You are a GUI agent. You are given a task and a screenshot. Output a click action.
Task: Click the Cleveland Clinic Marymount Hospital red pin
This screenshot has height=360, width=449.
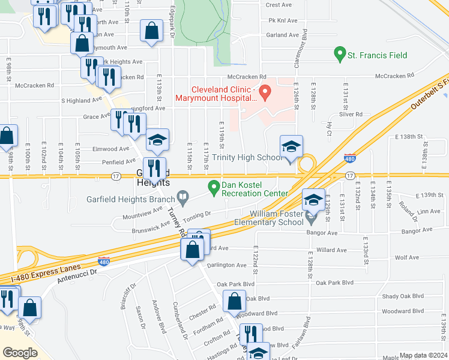pyautogui.click(x=265, y=93)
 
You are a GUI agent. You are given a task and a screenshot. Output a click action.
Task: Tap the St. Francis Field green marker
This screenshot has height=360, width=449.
pyautogui.click(x=340, y=56)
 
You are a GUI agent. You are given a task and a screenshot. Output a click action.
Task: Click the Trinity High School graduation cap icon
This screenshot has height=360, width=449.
pyautogui.click(x=291, y=147)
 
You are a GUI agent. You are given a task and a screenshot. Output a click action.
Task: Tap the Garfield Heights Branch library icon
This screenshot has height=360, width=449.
pyautogui.click(x=183, y=196)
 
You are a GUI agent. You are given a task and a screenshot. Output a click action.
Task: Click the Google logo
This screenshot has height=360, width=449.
pyautogui.click(x=20, y=352)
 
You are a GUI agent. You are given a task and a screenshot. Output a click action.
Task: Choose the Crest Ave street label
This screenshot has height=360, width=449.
pyautogui.click(x=279, y=5)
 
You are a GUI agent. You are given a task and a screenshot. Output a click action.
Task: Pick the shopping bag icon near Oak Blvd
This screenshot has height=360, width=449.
pyautogui.click(x=234, y=301)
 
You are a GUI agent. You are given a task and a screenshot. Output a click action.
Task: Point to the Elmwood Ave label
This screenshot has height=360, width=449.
pyautogui.click(x=111, y=149)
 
